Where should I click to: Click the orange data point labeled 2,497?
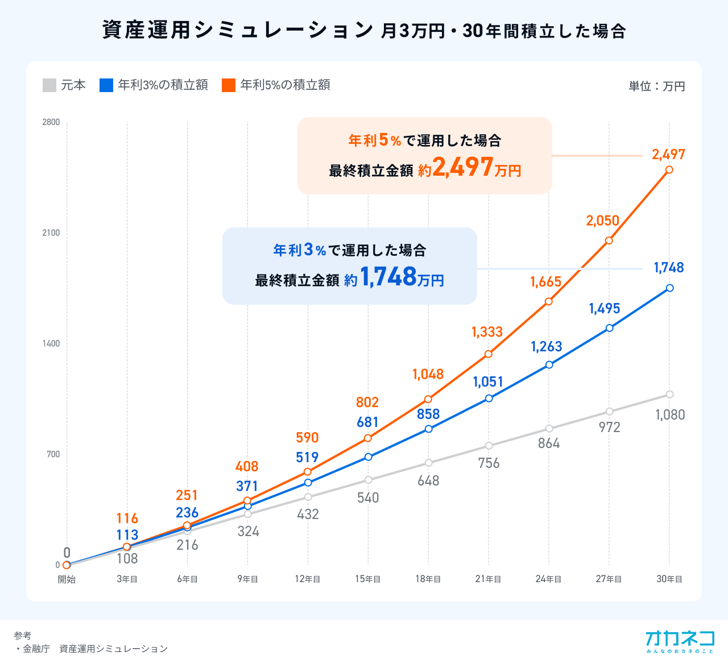(669, 169)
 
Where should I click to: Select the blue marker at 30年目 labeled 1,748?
(669, 288)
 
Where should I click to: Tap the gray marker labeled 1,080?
(669, 395)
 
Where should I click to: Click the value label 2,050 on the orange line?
(602, 221)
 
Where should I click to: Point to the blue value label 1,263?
(546, 347)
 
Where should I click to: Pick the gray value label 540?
(368, 498)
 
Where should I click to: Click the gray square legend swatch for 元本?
(49, 85)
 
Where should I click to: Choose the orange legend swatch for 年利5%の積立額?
(229, 85)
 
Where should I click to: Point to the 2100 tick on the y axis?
(51, 233)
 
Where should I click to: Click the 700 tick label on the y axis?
(53, 454)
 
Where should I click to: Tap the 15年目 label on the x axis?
(368, 579)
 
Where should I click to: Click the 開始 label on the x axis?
(67, 579)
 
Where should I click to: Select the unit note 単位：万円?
(656, 86)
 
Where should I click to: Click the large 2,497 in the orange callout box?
(462, 168)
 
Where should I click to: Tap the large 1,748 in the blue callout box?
(388, 277)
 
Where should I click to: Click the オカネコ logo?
(680, 641)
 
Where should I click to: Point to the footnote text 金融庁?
(36, 649)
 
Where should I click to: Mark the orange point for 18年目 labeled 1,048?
(428, 400)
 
